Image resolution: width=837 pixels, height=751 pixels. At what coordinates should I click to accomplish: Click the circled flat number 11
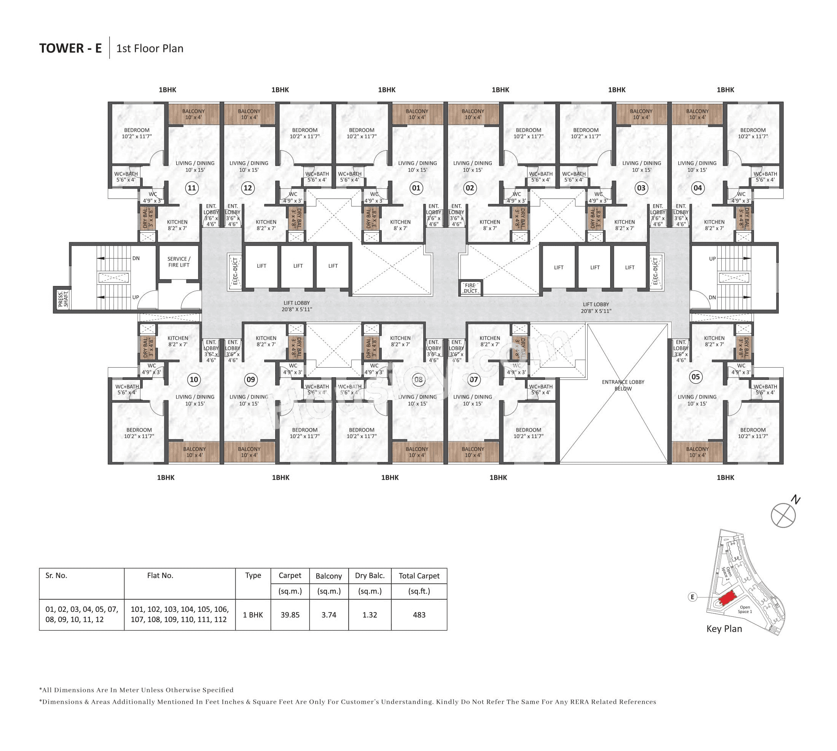click(x=192, y=188)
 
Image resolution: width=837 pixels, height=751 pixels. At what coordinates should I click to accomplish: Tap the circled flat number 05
click(x=696, y=377)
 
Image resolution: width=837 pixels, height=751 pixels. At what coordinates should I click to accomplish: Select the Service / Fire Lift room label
click(x=179, y=262)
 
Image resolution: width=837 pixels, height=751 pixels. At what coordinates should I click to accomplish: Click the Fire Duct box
click(x=470, y=288)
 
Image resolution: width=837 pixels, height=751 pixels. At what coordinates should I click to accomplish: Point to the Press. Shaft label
click(x=62, y=299)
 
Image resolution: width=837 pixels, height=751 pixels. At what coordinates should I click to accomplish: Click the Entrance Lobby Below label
click(x=623, y=385)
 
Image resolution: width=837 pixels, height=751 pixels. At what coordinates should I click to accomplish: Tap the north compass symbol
click(x=783, y=515)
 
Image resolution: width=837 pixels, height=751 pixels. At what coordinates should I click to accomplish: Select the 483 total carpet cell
click(x=419, y=615)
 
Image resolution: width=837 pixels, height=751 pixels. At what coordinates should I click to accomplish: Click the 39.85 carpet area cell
click(x=290, y=615)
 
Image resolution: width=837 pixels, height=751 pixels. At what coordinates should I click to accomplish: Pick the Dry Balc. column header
click(x=370, y=576)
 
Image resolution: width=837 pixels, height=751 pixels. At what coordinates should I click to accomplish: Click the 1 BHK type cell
click(x=253, y=615)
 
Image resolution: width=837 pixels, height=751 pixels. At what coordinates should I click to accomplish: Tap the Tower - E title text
click(x=70, y=48)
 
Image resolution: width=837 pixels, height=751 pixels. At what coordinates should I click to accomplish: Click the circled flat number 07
click(x=474, y=379)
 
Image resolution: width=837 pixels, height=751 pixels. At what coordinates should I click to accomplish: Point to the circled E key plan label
click(x=692, y=597)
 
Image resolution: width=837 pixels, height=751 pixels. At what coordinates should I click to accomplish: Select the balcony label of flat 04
click(x=697, y=114)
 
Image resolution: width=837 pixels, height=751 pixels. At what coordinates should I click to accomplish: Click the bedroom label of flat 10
click(x=139, y=433)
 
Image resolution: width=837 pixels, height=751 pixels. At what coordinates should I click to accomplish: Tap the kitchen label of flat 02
click(x=489, y=225)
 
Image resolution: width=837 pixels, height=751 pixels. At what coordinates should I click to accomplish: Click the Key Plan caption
click(x=724, y=629)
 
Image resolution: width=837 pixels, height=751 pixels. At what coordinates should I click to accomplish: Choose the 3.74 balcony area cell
click(x=329, y=615)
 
